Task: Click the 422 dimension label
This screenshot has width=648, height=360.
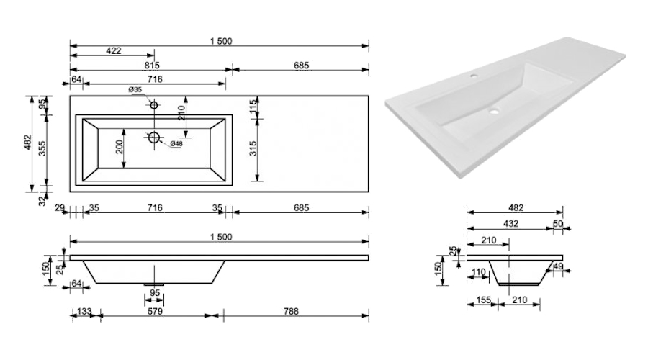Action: (x=113, y=51)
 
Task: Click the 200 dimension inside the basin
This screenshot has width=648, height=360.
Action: (x=120, y=147)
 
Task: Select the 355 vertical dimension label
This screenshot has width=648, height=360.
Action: (x=42, y=148)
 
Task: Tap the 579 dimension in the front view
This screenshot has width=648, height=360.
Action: (x=154, y=312)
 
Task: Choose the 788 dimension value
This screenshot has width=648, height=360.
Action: (x=290, y=312)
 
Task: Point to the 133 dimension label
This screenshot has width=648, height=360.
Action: (x=85, y=312)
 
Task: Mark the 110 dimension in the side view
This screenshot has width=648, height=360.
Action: (x=477, y=272)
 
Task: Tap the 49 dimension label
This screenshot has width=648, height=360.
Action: (x=559, y=267)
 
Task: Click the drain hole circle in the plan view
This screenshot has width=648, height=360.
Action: (x=153, y=137)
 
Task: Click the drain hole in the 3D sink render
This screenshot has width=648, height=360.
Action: (x=495, y=112)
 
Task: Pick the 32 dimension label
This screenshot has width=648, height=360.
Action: (x=42, y=202)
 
